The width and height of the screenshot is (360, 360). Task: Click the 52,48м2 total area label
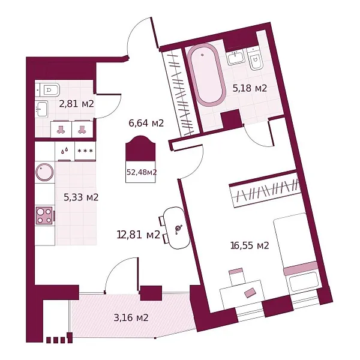point(142,172)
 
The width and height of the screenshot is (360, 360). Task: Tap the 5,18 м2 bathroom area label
point(250,88)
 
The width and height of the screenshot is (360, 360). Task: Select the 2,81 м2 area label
point(76,104)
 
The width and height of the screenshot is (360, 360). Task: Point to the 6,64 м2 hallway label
point(146,123)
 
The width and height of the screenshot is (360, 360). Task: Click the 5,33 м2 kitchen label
point(81,197)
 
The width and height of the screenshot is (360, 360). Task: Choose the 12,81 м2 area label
point(139,235)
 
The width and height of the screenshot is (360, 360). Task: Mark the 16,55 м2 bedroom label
point(250,245)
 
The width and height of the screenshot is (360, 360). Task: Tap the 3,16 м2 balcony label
point(131,318)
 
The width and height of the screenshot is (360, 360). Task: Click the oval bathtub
point(205,75)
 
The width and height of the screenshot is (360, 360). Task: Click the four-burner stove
point(44,215)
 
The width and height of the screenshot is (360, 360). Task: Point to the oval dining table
point(176,228)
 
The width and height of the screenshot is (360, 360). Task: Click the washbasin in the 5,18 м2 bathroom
point(236,57)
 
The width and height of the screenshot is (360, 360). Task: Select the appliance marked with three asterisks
point(85,151)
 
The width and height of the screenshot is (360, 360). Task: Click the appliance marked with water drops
point(65,151)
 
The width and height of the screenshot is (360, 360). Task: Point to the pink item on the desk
point(250,293)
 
